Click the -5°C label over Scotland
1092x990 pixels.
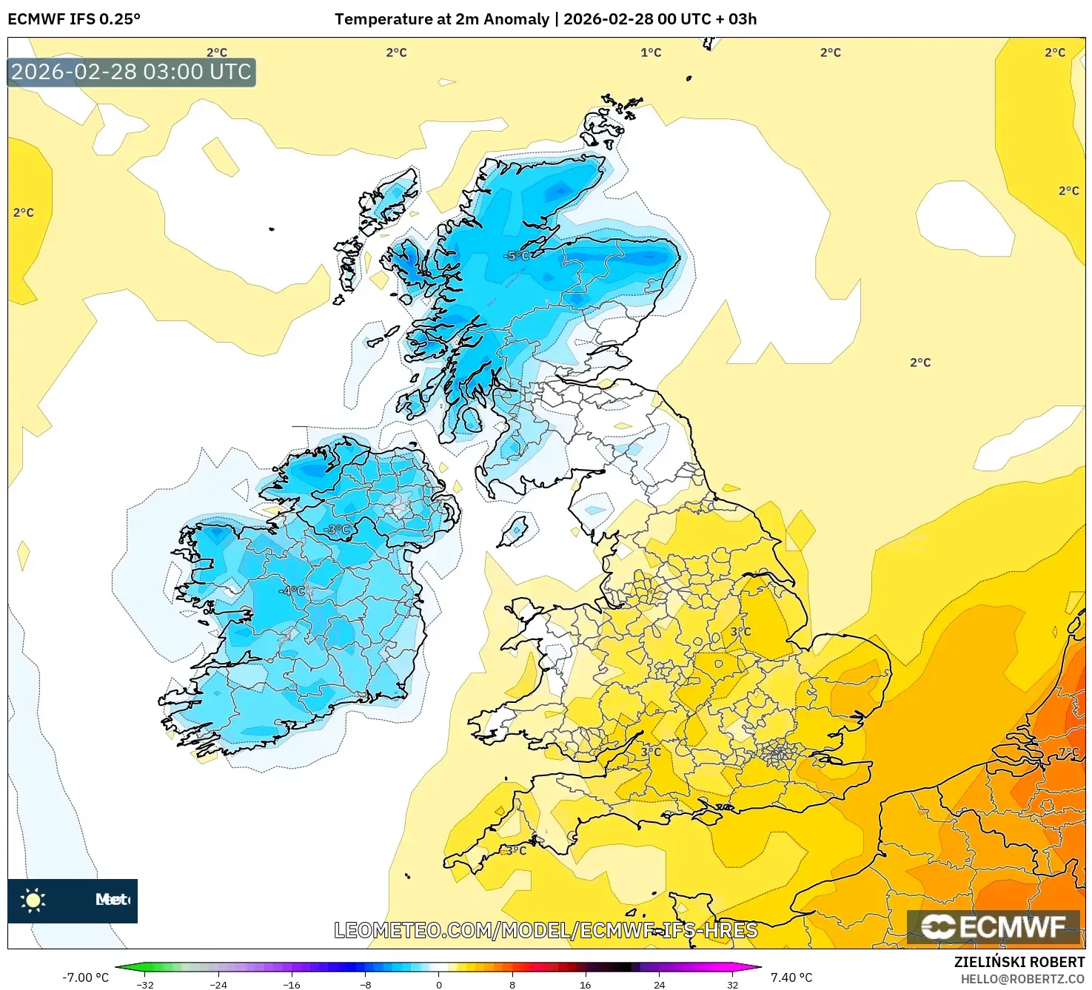(517, 256)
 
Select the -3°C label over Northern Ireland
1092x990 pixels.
(337, 530)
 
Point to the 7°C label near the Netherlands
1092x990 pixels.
(1068, 752)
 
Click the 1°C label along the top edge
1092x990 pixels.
(651, 53)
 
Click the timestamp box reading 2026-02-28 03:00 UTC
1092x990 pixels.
(132, 73)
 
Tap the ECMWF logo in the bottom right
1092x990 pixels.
(993, 927)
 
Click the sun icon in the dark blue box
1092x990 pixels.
(33, 900)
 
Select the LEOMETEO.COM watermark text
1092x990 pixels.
(546, 930)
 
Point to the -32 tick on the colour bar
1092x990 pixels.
(145, 984)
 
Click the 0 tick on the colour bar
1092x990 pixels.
(439, 984)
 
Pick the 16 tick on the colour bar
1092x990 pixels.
(586, 984)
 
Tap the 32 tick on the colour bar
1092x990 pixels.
(732, 984)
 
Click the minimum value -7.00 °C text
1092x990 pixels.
(85, 977)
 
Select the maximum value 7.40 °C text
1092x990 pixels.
(791, 977)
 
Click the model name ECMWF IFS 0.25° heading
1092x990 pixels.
(74, 19)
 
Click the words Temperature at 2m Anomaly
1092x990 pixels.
(442, 19)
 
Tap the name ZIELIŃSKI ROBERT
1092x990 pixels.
(1019, 962)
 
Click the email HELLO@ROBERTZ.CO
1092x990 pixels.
(1022, 979)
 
